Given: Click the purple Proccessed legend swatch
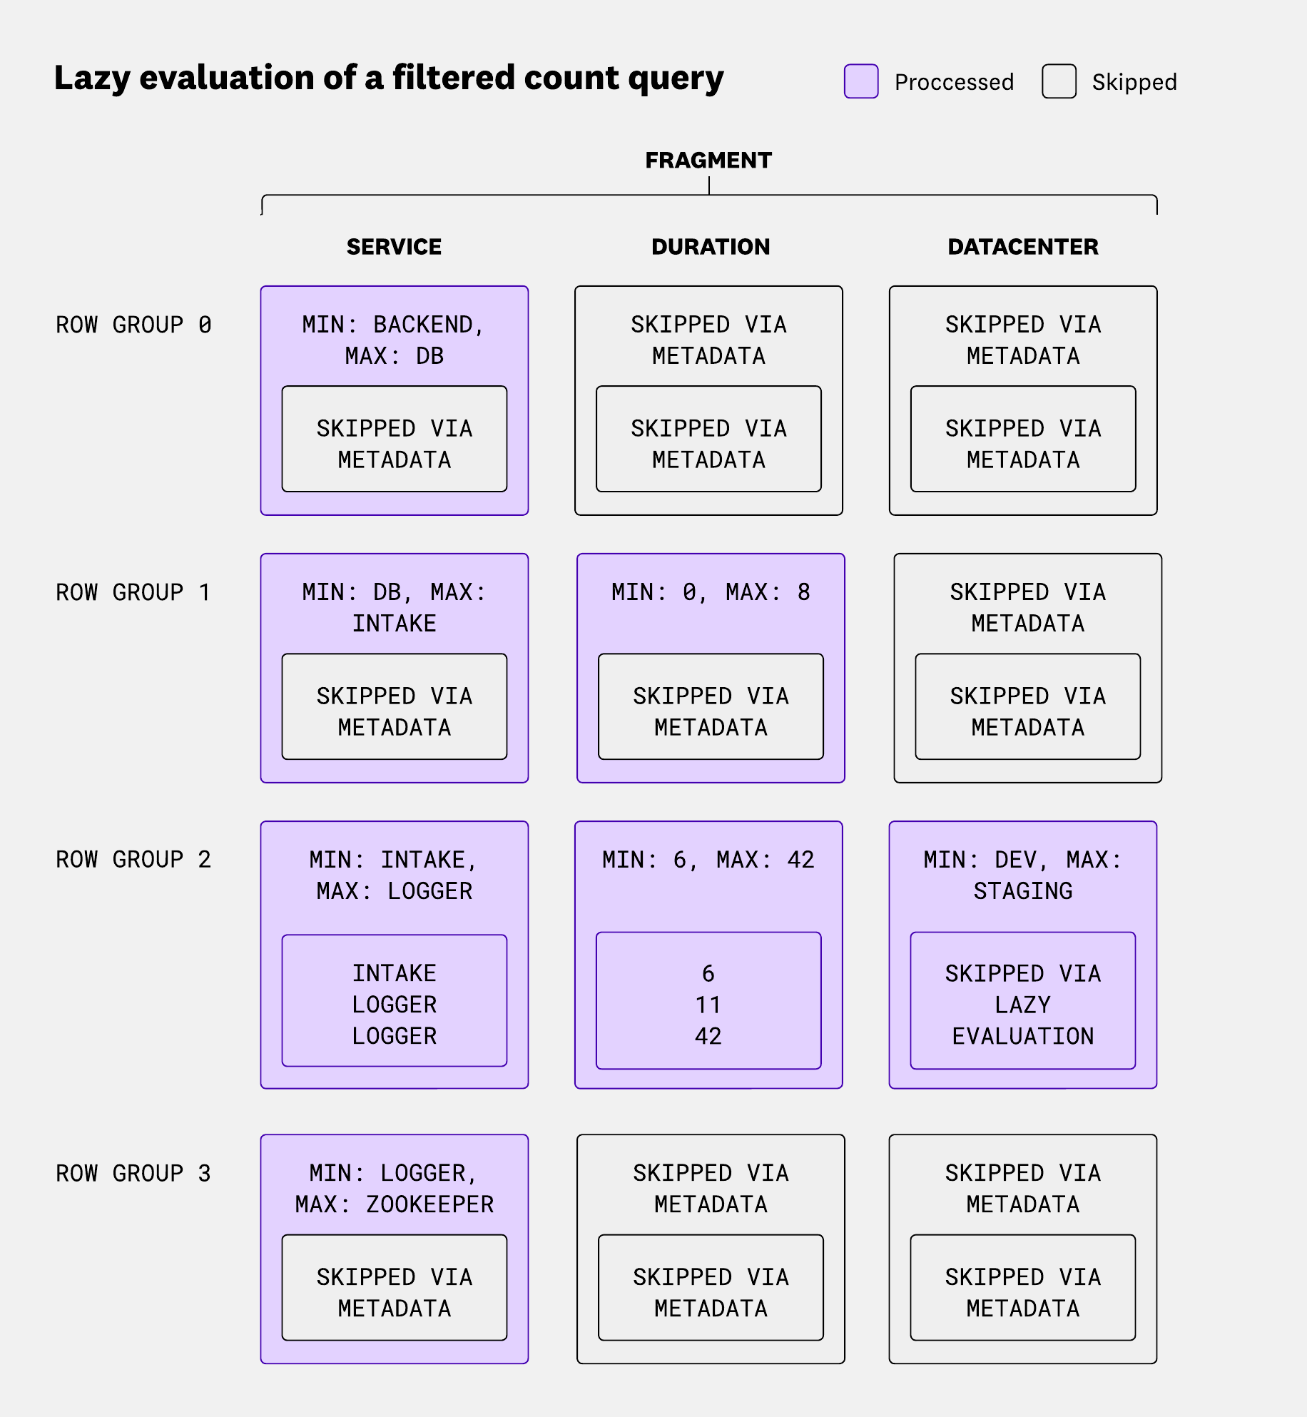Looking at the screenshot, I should click(x=860, y=81).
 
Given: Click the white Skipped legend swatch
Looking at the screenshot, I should click(x=1059, y=81).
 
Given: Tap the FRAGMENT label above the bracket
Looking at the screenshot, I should click(x=708, y=161).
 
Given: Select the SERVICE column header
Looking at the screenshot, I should click(x=394, y=247).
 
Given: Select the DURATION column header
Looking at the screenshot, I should click(x=711, y=247).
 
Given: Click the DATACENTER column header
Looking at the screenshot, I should click(x=1022, y=247).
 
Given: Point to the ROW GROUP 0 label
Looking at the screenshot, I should click(x=133, y=325).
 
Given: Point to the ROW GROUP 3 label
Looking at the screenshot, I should click(x=133, y=1174).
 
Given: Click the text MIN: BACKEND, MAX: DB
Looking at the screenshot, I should click(x=394, y=340).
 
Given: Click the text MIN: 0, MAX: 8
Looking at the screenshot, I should click(x=711, y=592).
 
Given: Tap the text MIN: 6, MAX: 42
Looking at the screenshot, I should click(x=708, y=860).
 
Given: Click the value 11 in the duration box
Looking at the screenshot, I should click(x=708, y=1005).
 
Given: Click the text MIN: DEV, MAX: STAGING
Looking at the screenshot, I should click(x=1022, y=875).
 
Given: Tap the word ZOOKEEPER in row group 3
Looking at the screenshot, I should click(x=429, y=1205).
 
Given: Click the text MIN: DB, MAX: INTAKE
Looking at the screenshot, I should click(x=394, y=608).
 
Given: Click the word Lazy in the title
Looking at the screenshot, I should click(x=91, y=78).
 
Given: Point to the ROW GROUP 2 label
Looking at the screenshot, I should click(x=133, y=860).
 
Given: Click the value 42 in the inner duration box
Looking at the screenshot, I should click(x=708, y=1037).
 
